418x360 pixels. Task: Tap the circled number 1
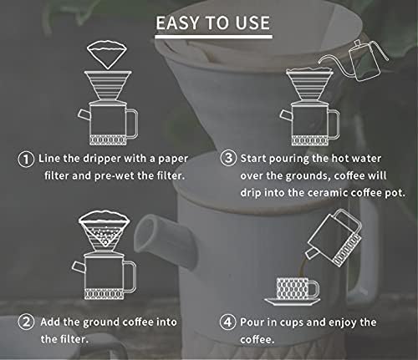(26, 160)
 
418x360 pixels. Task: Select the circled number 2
(26, 322)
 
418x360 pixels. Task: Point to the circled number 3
(228, 159)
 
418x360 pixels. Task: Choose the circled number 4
(228, 322)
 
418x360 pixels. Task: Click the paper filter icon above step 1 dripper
(107, 55)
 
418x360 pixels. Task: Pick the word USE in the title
(252, 23)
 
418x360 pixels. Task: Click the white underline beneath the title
(214, 37)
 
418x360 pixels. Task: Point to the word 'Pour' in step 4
(252, 322)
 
